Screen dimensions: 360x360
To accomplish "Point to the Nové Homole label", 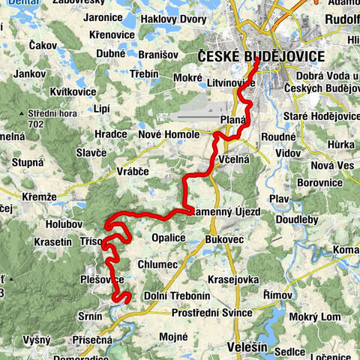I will tap(169, 134).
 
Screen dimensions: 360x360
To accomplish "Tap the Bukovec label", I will tap(223, 238).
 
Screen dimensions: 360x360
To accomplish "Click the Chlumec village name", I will tap(157, 264).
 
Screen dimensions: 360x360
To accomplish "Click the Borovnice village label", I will tap(319, 181).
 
